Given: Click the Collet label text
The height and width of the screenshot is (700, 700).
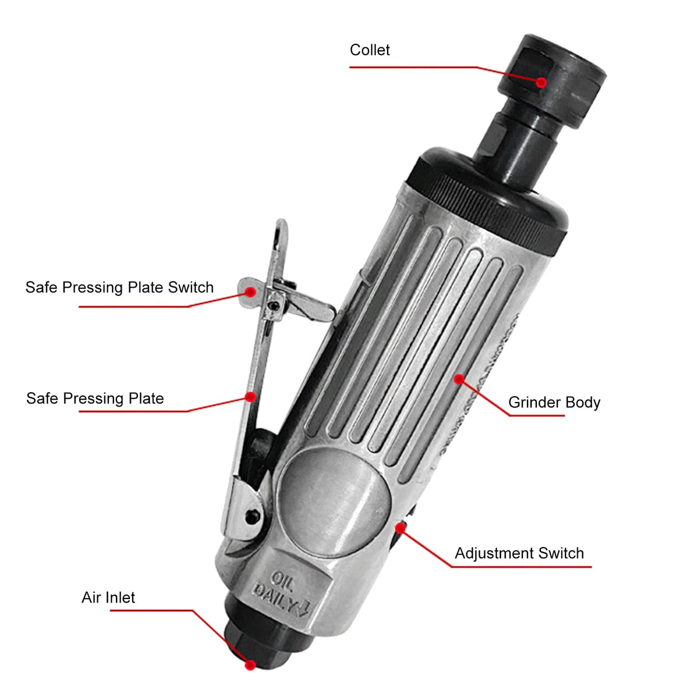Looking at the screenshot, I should click(x=370, y=50).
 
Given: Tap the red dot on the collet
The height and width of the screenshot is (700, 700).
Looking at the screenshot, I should click(x=541, y=82).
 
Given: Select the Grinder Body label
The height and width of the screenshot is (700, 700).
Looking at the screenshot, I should click(x=554, y=402).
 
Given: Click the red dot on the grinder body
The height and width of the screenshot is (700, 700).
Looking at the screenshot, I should click(x=459, y=379).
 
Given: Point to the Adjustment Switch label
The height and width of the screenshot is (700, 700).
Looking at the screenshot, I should click(x=519, y=553).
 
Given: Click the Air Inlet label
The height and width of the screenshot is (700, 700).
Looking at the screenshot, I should click(x=108, y=597).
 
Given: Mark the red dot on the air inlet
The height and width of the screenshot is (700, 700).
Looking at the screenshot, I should click(x=250, y=665).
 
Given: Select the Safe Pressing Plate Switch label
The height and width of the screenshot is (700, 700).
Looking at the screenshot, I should click(x=119, y=287).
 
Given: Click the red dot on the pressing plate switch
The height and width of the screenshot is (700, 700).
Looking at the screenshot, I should click(x=250, y=292).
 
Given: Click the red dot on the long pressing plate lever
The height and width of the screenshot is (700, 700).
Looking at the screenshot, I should click(x=250, y=397).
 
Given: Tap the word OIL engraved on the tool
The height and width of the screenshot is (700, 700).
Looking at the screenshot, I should click(x=283, y=578).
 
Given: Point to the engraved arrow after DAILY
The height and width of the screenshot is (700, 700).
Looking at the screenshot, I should click(x=304, y=609).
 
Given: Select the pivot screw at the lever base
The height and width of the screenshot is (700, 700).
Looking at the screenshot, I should click(x=252, y=515).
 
